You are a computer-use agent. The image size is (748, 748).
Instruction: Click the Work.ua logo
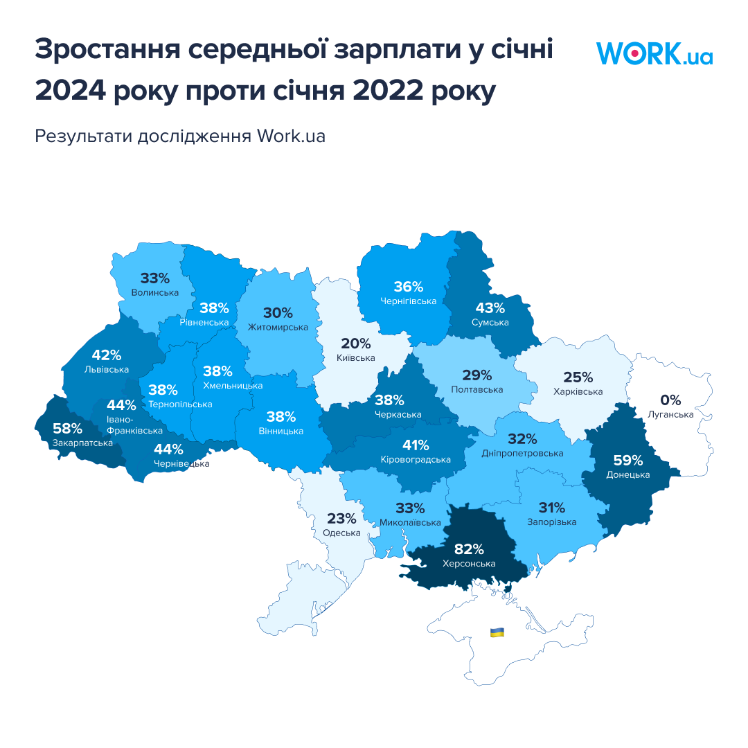coord(654,53)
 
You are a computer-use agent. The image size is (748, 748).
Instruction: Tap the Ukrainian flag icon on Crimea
coord(497,632)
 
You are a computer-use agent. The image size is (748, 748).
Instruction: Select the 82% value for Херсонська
coord(469,549)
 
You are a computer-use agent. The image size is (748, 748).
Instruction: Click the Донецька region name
coord(627,474)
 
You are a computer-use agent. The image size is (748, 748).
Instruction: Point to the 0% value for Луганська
coord(670,400)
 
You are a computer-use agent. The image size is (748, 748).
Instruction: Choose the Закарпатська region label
coord(82,443)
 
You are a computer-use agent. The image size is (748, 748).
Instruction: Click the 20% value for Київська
coord(355,344)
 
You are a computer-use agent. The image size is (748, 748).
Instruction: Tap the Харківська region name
coord(578,391)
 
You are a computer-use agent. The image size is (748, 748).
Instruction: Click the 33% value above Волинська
coord(154,278)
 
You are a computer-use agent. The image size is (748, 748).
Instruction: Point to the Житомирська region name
coord(277,327)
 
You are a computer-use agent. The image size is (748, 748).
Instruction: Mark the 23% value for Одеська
coord(341,519)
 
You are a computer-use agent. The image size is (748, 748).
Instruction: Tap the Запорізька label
coord(551,522)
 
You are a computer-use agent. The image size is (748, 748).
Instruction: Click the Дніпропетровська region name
coord(522,453)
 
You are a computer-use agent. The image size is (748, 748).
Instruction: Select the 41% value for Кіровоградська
coord(416,445)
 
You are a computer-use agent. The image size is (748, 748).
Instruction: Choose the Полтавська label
coord(477,389)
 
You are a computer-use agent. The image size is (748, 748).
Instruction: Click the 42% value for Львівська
coord(107,355)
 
